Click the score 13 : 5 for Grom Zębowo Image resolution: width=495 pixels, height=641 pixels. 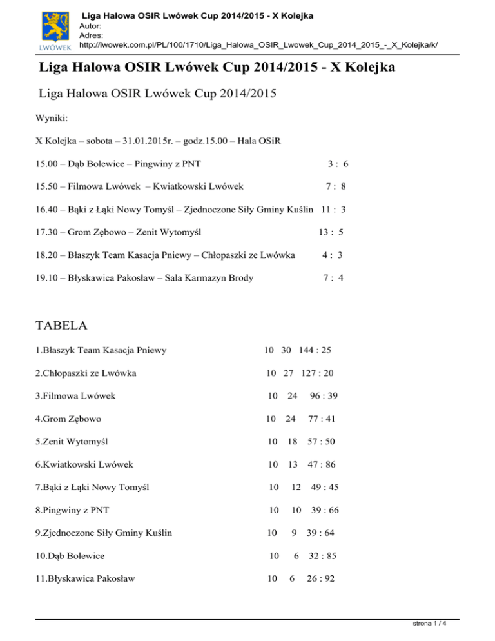coord(331,232)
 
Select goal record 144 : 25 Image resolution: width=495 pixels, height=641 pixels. coord(315,350)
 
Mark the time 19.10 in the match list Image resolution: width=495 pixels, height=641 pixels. coord(47,278)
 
